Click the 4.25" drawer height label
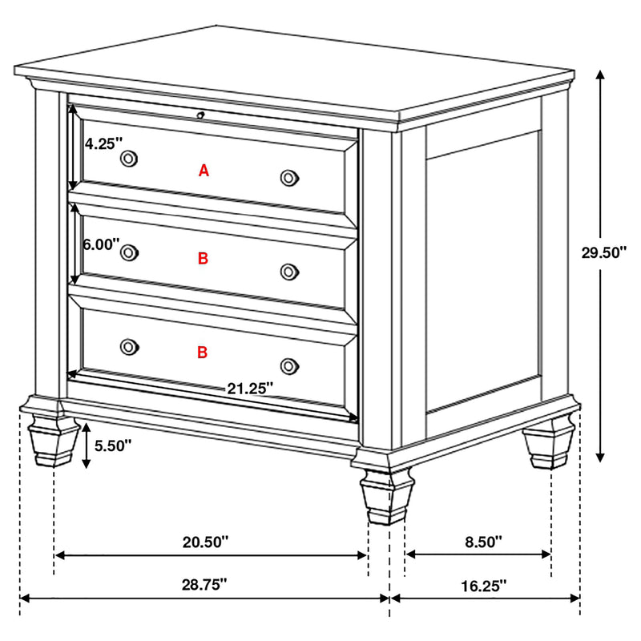click(103, 144)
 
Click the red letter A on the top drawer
click(204, 170)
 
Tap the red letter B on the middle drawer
click(203, 258)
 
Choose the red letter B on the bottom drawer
click(203, 352)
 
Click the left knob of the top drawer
click(128, 159)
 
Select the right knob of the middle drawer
click(289, 272)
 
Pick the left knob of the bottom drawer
click(128, 346)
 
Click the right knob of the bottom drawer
click(289, 365)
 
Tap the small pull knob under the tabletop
click(201, 115)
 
